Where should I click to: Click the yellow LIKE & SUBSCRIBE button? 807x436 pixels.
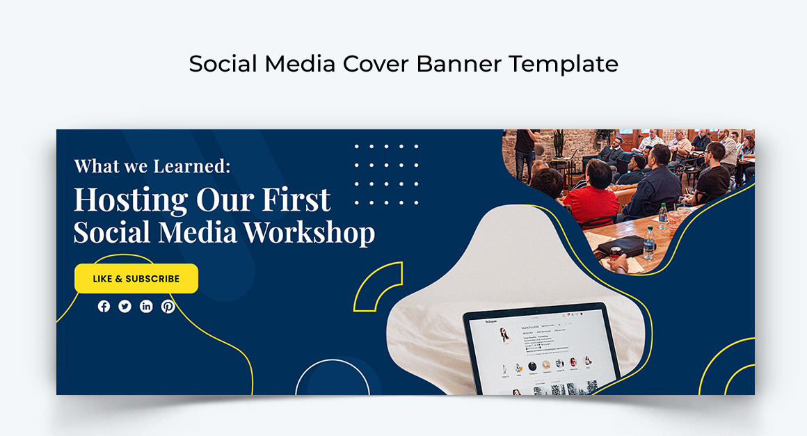136,279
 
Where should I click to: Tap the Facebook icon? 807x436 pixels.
104,306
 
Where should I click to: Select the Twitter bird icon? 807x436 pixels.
125,306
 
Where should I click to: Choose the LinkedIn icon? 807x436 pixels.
146,306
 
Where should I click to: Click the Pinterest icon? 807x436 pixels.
168,306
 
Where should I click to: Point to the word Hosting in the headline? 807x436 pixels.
131,200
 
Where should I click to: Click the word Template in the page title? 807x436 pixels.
563,64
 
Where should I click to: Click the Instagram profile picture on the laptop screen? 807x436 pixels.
504,336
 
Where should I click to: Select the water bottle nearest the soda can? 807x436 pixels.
649,243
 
